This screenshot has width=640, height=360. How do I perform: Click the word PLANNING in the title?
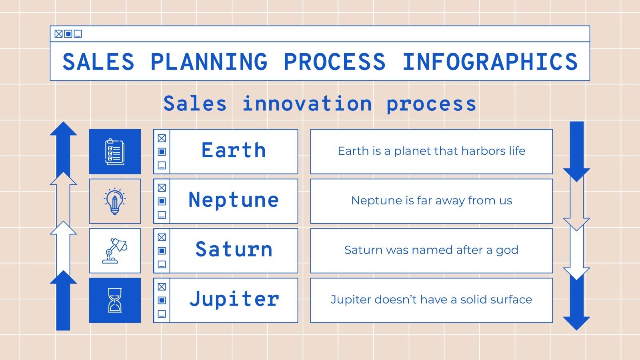tap(208, 62)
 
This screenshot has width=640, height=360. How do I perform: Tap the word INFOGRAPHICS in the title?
tap(490, 62)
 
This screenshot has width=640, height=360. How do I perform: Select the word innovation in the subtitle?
tap(307, 104)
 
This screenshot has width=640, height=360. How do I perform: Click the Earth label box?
tap(234, 151)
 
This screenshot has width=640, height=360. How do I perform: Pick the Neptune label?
tap(234, 200)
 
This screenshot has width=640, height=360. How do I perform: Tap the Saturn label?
tap(234, 250)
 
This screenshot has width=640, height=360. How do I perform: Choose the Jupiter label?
tap(234, 299)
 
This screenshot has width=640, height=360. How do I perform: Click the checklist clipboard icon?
tap(115, 152)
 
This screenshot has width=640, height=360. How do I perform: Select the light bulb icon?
tap(115, 201)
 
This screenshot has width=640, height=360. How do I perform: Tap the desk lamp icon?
tap(115, 251)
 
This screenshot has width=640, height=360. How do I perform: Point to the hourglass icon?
tap(115, 300)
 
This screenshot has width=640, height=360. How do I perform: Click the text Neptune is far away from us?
tap(431, 200)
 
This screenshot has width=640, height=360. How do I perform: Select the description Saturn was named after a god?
tap(431, 250)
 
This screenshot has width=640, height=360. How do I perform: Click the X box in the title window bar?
tap(58, 34)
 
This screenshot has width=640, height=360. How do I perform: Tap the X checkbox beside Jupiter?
tap(162, 287)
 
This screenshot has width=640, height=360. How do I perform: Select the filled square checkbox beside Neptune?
tap(162, 201)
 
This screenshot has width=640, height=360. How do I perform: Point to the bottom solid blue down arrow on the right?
tap(576, 304)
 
